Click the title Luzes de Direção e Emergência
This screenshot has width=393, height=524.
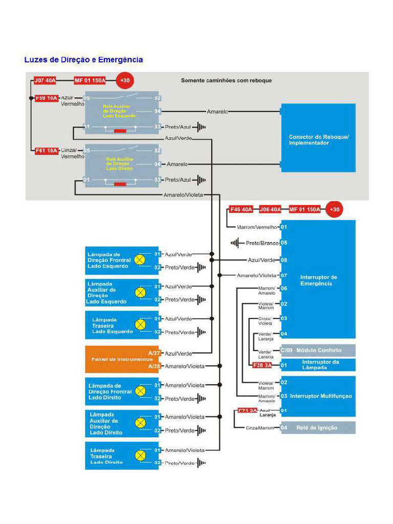click(83, 60)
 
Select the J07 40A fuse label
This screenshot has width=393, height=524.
click(45, 80)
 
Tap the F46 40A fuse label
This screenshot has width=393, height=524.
click(241, 209)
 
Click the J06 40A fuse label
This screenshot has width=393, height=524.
click(270, 209)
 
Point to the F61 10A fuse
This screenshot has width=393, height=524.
click(46, 150)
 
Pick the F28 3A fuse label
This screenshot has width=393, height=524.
click(262, 365)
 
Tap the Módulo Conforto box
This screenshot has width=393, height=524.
click(318, 351)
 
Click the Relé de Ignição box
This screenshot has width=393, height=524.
click(317, 428)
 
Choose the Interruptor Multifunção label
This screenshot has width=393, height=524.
click(320, 396)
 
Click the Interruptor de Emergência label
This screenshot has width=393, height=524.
click(318, 280)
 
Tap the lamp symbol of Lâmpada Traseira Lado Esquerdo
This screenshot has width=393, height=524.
click(140, 325)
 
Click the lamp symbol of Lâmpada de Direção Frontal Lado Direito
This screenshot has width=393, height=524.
click(140, 391)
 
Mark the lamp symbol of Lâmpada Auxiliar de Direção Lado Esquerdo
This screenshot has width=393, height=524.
click(140, 293)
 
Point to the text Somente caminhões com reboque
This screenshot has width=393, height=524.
click(226, 80)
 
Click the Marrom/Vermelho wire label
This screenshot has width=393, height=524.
click(257, 227)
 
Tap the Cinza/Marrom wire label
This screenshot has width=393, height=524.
click(260, 428)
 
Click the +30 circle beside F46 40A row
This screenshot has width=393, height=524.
click(334, 209)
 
